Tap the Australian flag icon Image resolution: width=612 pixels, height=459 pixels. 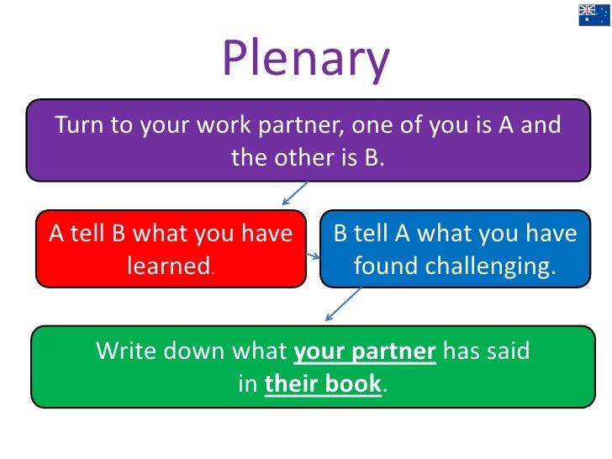pyautogui.click(x=594, y=14)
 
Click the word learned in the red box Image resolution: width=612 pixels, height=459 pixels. pyautogui.click(x=167, y=266)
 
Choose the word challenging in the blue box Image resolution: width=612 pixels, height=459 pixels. pyautogui.click(x=489, y=266)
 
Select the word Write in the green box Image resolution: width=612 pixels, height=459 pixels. pyautogui.click(x=125, y=351)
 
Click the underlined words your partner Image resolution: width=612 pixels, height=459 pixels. pyautogui.click(x=364, y=351)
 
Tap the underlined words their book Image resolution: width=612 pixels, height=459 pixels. pyautogui.click(x=323, y=383)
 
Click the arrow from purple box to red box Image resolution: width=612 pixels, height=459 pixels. pyautogui.click(x=294, y=193)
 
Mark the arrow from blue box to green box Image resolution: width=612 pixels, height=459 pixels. pyautogui.click(x=342, y=303)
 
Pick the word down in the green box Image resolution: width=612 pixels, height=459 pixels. pyautogui.click(x=195, y=351)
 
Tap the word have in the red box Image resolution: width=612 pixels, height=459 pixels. pyautogui.click(x=266, y=234)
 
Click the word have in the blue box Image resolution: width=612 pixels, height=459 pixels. pyautogui.click(x=551, y=234)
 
